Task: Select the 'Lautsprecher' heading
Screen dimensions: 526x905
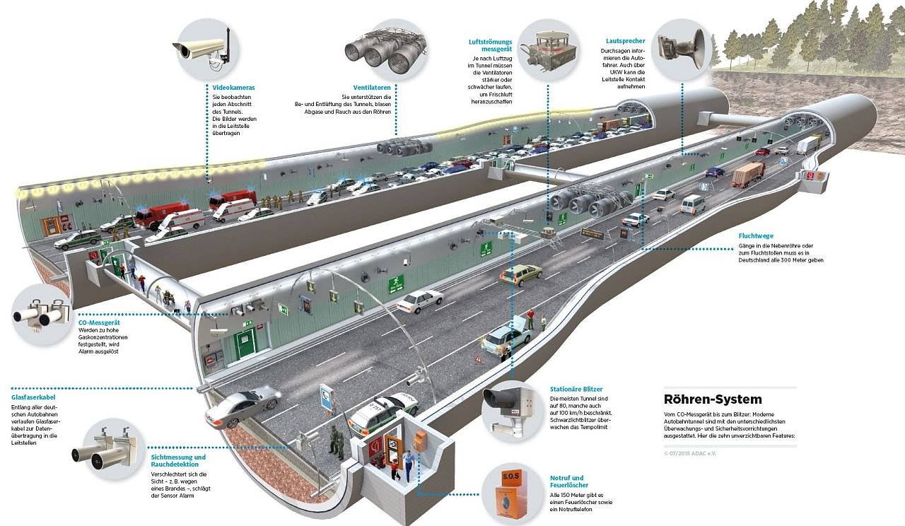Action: click(x=625, y=41)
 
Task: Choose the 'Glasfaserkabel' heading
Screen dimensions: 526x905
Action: click(x=34, y=397)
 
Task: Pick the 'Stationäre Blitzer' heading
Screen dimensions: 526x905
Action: click(x=576, y=389)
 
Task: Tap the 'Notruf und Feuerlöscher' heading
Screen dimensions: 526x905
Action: click(x=567, y=481)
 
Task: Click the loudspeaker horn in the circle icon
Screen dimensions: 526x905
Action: click(x=680, y=45)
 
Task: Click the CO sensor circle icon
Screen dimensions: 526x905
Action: click(x=42, y=315)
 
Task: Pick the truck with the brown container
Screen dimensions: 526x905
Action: click(x=748, y=173)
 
